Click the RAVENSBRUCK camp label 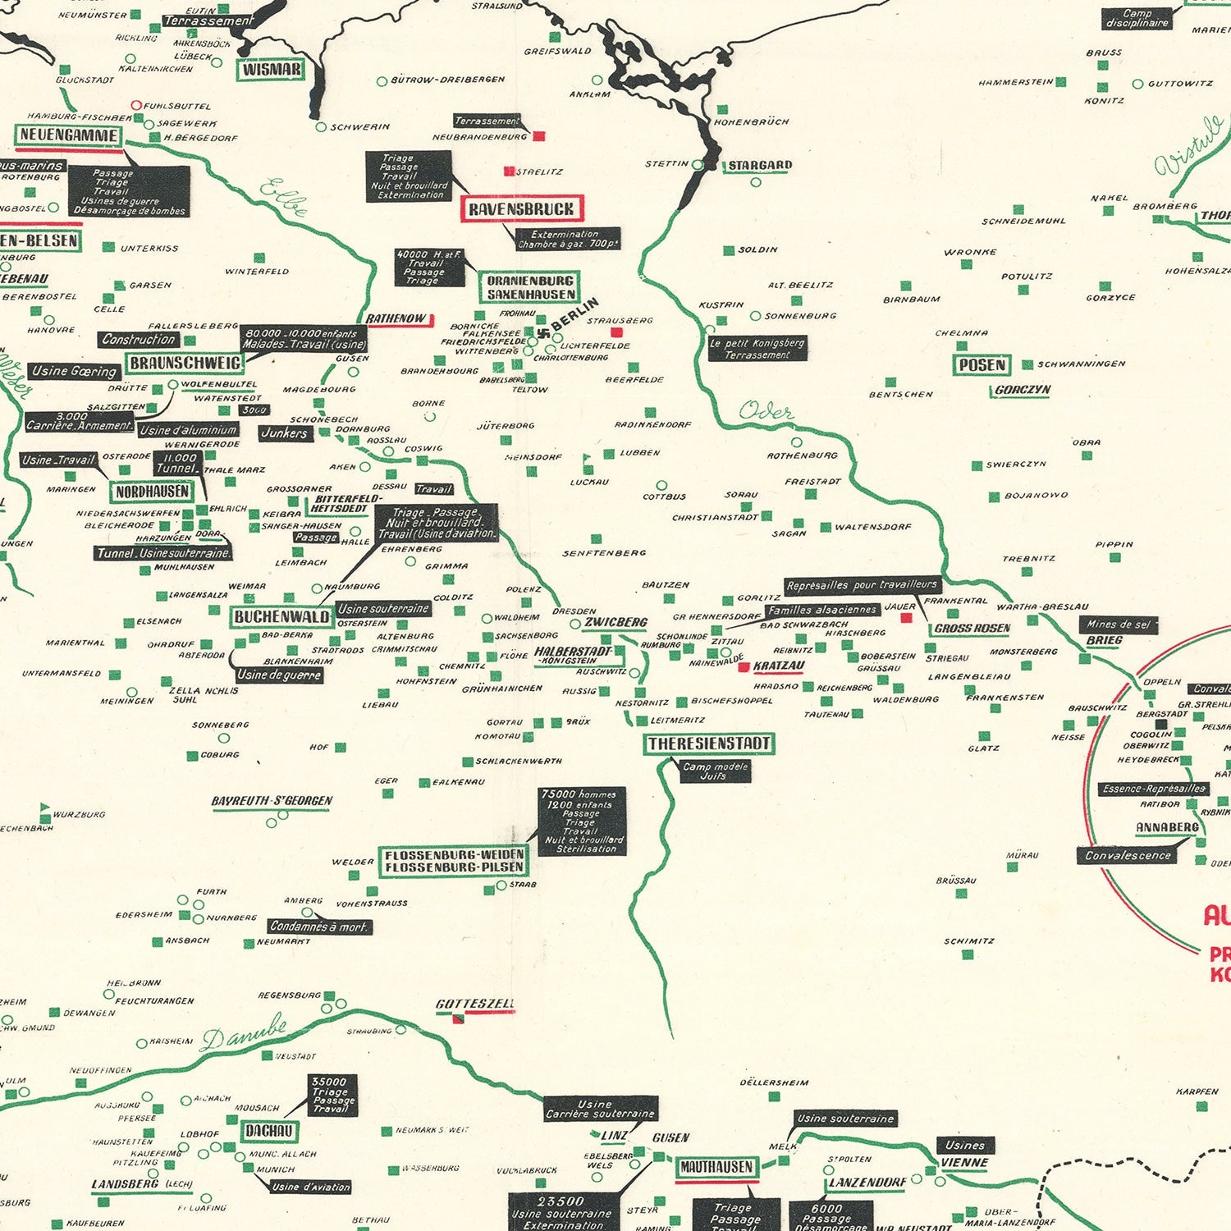(x=522, y=208)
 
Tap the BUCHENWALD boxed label (x=281, y=616)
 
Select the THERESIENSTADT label (x=709, y=744)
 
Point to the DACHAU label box (x=269, y=1130)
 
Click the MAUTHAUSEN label (x=716, y=1166)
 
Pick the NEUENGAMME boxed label (x=69, y=135)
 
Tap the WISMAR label (x=272, y=70)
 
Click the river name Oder (x=766, y=411)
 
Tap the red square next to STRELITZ (x=509, y=172)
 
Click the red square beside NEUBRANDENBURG (x=538, y=136)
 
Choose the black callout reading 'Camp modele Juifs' (x=716, y=771)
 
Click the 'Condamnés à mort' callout (x=320, y=927)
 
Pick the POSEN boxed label (x=982, y=364)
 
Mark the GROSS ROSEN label (x=972, y=628)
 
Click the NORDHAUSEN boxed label (x=153, y=492)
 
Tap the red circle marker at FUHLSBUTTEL (x=137, y=105)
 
